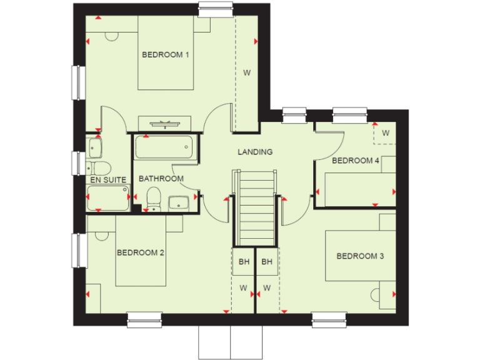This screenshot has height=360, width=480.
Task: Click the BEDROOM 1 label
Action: (x=166, y=55)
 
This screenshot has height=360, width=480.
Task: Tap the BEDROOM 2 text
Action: (x=141, y=253)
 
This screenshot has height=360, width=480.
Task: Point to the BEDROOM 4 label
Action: (x=356, y=161)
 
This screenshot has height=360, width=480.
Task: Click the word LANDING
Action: (x=255, y=152)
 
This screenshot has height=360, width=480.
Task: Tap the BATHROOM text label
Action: (x=161, y=179)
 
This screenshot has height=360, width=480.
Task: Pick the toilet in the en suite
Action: (x=99, y=167)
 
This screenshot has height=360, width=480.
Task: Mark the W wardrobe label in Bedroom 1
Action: (x=247, y=73)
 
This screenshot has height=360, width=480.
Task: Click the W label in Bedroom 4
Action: (x=386, y=133)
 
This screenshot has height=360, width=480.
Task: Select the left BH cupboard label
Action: (x=243, y=262)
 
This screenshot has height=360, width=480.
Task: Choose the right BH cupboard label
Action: (x=267, y=262)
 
